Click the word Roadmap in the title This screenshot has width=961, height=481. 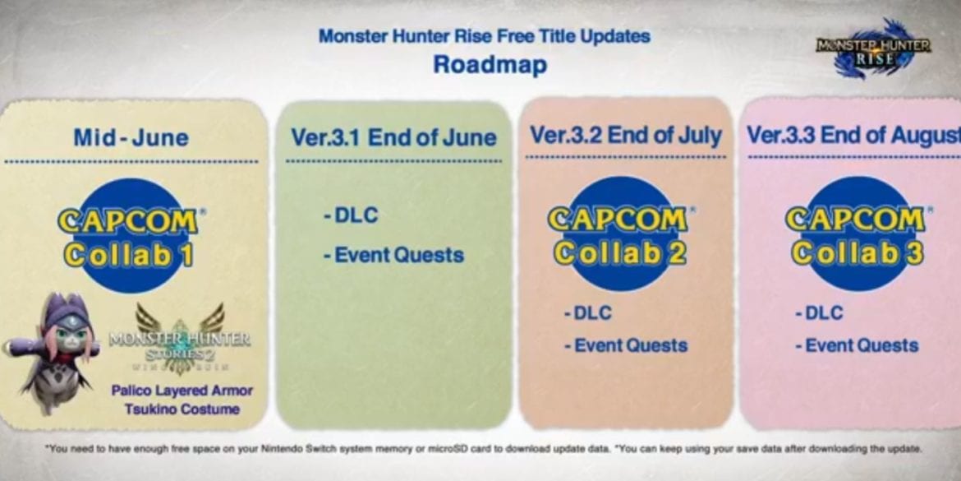point(490,64)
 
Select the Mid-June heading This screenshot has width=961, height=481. point(131,137)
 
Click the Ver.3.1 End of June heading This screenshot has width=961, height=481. point(393,137)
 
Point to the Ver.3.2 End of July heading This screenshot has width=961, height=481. point(626,135)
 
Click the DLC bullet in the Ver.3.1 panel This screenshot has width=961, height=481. point(351,215)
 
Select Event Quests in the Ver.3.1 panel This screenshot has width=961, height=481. point(393,255)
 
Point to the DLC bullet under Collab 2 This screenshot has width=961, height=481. point(588,313)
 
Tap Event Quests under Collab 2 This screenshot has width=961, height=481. point(626,345)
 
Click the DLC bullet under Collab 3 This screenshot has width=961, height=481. point(819,313)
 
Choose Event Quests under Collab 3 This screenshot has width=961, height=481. point(857,345)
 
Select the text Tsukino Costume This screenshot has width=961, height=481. point(182,409)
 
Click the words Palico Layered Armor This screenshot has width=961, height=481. point(182,391)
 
